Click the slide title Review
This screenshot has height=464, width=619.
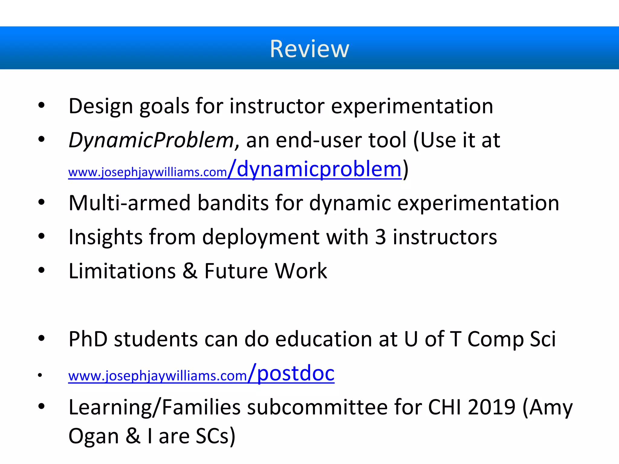(309, 49)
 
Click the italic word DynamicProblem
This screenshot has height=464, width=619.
(151, 140)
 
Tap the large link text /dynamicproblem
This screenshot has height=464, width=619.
(315, 169)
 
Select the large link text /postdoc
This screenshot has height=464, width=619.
(291, 373)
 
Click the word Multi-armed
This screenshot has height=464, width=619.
(130, 203)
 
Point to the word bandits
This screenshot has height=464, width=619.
(233, 203)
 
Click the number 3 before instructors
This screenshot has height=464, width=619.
(380, 237)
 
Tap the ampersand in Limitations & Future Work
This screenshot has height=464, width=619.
(190, 271)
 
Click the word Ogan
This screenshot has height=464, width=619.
(94, 436)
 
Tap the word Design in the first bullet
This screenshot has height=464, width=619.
(101, 106)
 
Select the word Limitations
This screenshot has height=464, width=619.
(122, 271)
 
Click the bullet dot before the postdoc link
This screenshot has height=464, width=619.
(40, 375)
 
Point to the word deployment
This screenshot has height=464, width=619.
(261, 237)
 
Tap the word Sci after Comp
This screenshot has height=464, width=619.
(543, 339)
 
